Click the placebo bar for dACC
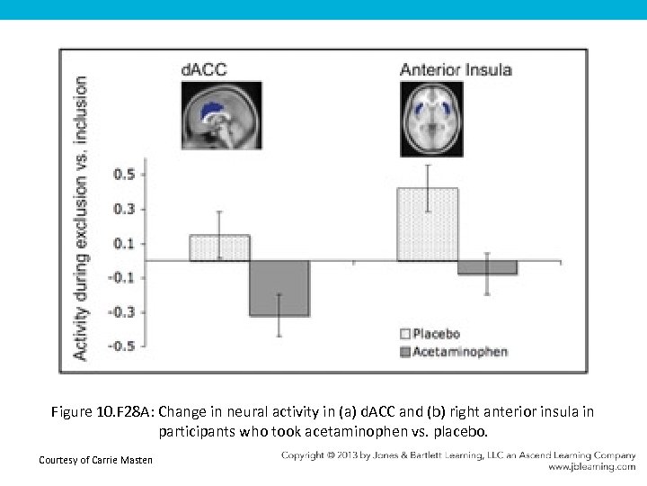point(219,248)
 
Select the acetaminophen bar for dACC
point(279,288)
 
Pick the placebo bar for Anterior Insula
point(427,225)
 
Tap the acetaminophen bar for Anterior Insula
point(487,267)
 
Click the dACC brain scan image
point(222,117)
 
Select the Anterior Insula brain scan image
point(431,117)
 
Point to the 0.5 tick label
point(124,174)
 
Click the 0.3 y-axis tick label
point(124,209)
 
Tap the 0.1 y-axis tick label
point(124,243)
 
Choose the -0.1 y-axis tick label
point(122,277)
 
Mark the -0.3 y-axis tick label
point(122,312)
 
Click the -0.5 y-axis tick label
point(122,346)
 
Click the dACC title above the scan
point(205,69)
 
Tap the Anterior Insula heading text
point(456,69)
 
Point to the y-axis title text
point(81,218)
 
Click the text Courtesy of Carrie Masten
point(96,461)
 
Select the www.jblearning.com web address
point(592,467)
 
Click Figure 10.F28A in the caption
point(96,412)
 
